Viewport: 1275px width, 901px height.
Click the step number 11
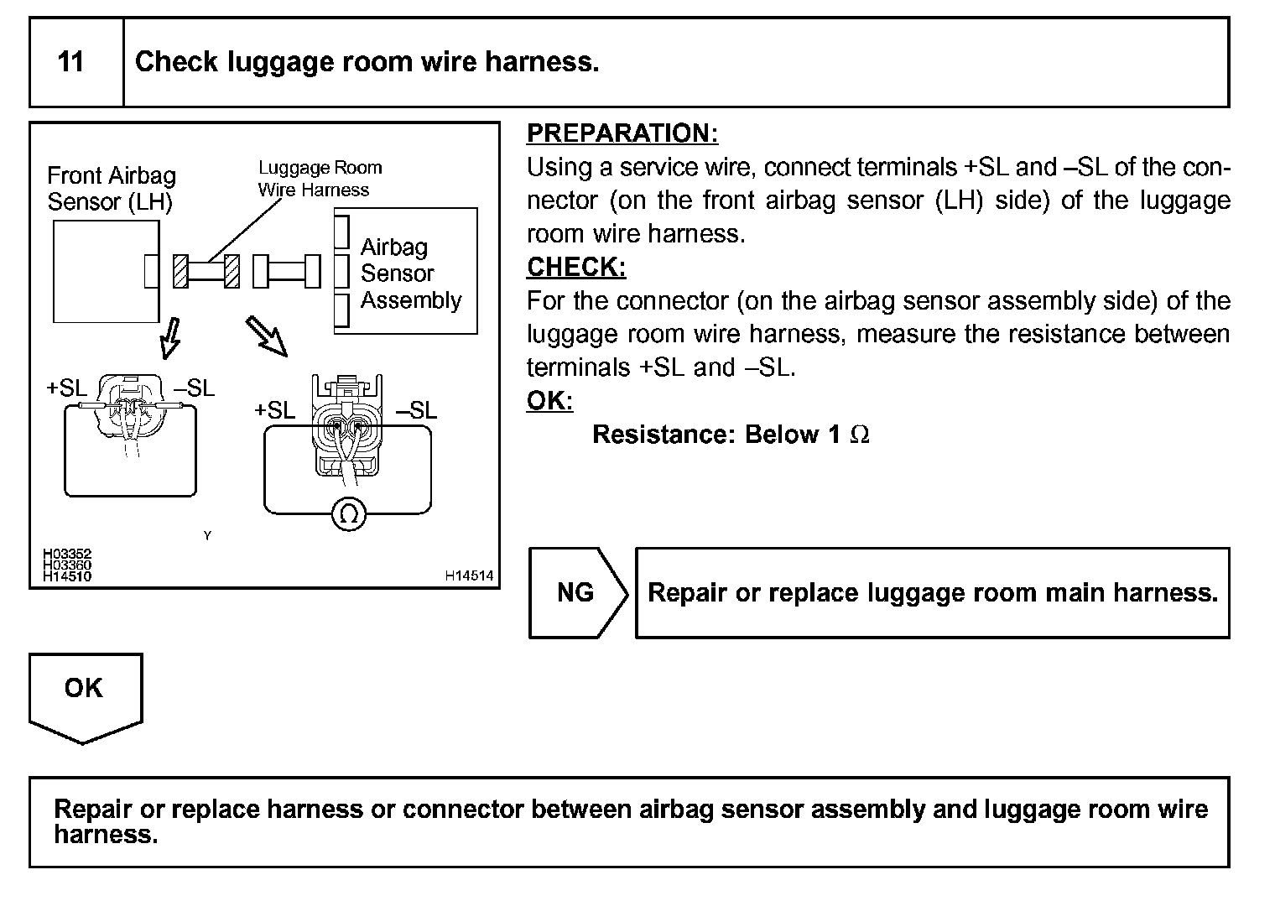point(71,62)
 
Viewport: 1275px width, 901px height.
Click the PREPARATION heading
point(622,133)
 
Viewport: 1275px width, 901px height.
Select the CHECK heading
point(575,268)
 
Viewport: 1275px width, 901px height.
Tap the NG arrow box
point(576,593)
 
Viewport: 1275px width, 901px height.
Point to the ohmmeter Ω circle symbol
point(348,513)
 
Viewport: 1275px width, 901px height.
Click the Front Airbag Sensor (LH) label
point(111,189)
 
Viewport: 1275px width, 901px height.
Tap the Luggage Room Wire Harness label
point(319,179)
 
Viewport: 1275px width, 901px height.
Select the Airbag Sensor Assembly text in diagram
point(409,273)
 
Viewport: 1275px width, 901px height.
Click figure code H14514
point(469,575)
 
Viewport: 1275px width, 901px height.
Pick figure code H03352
point(67,555)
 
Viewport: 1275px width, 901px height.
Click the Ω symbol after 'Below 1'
point(860,435)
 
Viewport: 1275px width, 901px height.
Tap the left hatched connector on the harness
point(180,271)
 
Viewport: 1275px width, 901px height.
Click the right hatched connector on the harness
point(232,271)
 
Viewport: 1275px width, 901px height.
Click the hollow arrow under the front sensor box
point(170,336)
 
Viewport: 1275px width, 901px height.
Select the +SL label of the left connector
point(66,388)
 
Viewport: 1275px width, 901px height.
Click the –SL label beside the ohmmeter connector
point(416,410)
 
